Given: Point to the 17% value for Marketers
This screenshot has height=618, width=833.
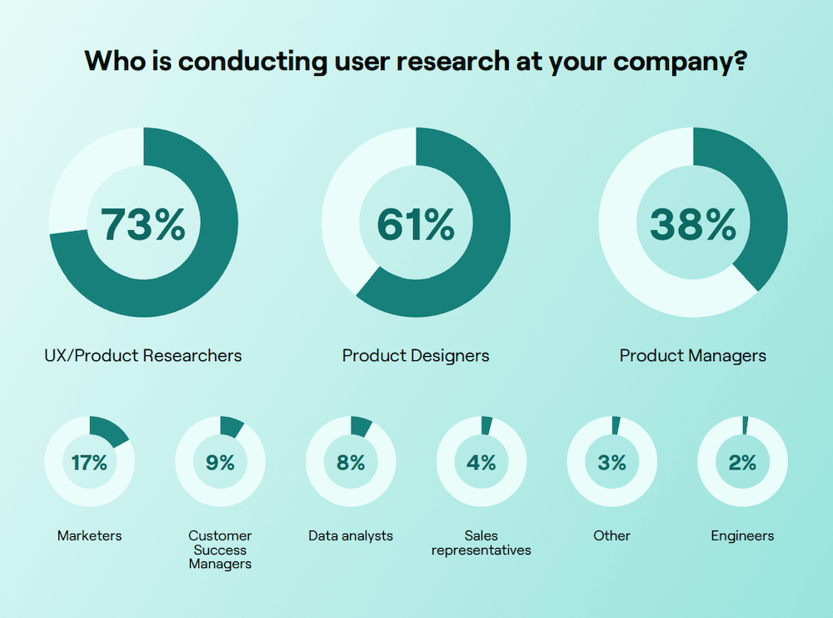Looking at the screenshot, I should coord(89,463).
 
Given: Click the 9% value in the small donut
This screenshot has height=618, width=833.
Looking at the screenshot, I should coord(220,463).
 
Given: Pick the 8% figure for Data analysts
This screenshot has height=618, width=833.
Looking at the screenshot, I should coord(351,463).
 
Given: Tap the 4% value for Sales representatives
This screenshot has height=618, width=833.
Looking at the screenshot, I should coord(481,463).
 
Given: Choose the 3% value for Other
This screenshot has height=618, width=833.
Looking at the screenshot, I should coord(612,463).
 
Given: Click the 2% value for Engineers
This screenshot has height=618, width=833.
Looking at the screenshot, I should coord(742,463).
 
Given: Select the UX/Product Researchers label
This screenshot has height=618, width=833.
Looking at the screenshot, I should coord(142,355).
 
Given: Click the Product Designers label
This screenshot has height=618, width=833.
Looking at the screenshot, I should coord(416,355).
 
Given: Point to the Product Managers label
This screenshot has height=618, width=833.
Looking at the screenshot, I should coord(692,355).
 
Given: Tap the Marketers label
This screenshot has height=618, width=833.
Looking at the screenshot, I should coord(89,535).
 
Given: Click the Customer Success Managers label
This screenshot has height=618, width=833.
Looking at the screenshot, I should coord(220,550).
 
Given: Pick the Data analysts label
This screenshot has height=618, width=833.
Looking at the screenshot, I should coord(351,535).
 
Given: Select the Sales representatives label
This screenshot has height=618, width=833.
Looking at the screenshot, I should coord(481,542).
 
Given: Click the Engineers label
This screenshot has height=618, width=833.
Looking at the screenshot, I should coord(742,535).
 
